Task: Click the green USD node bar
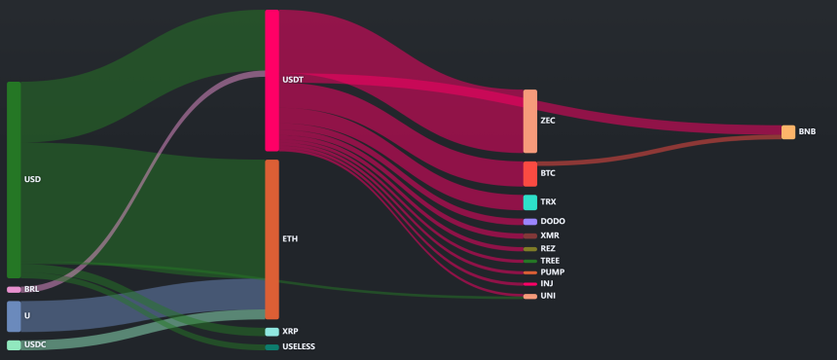[14, 180]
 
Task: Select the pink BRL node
[14, 290]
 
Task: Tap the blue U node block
[14, 316]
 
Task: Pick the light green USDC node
[14, 345]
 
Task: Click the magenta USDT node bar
[273, 81]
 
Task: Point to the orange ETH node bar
[273, 239]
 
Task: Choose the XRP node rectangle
[273, 332]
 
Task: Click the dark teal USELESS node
[273, 347]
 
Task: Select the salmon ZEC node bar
[530, 121]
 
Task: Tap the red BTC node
[530, 174]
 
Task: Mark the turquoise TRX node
[530, 202]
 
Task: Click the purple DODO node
[530, 222]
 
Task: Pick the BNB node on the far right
[788, 132]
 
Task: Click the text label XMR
[550, 235]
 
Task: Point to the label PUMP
[553, 272]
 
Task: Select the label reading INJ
[547, 284]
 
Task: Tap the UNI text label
[548, 296]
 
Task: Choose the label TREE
[551, 260]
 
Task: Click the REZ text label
[548, 248]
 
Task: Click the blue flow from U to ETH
[143, 306]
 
